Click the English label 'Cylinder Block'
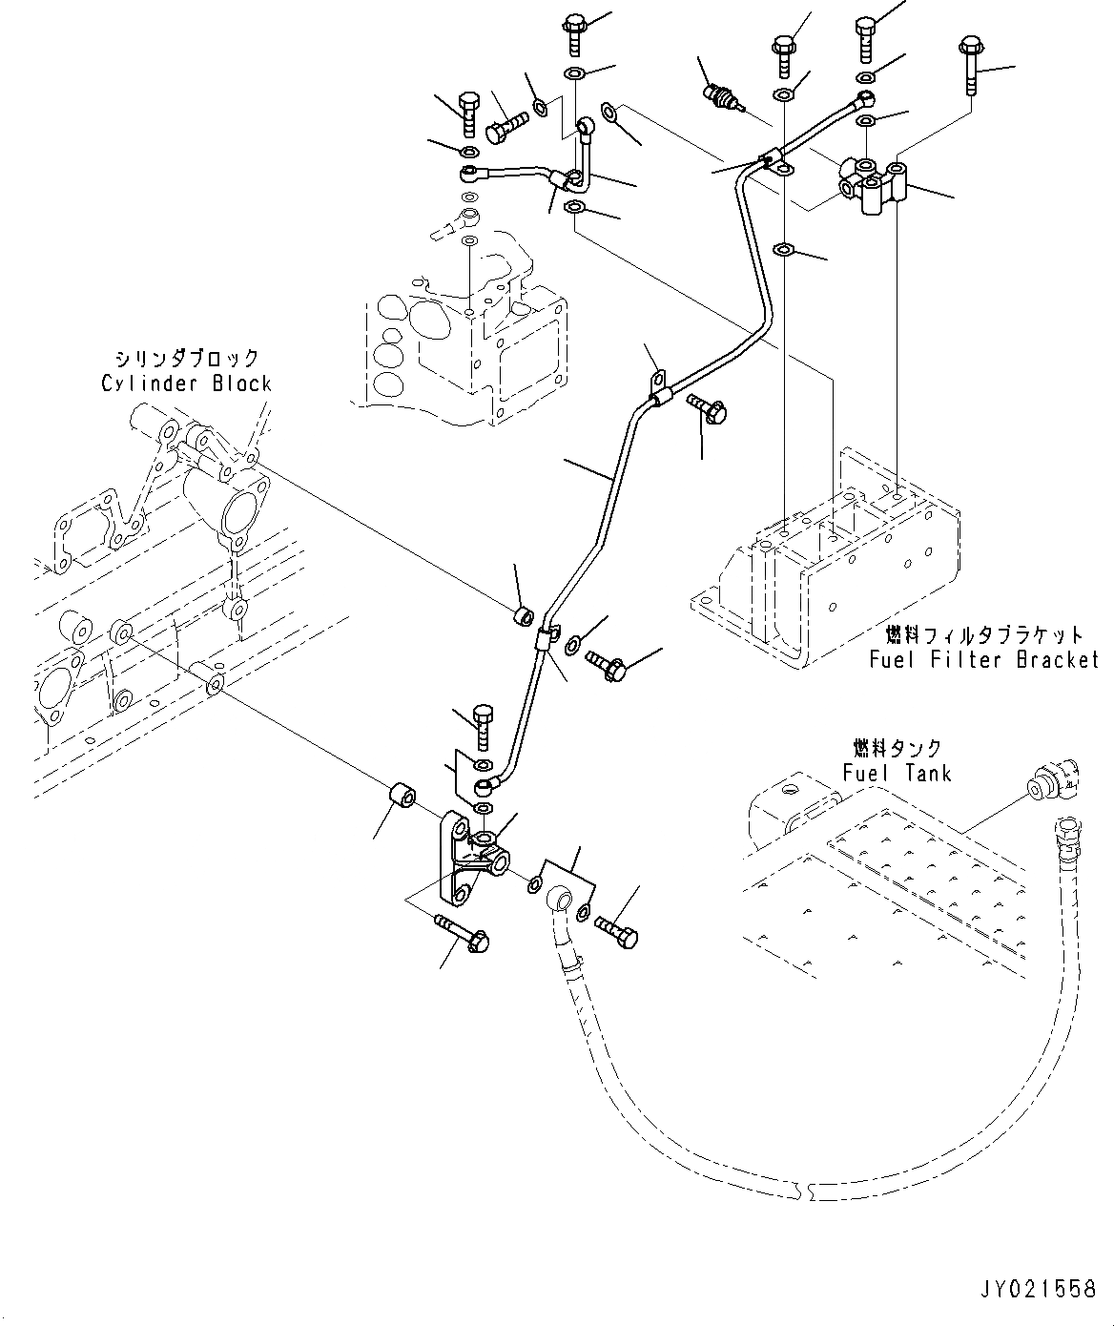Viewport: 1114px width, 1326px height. (x=186, y=383)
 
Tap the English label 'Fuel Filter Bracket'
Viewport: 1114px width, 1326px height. (x=983, y=659)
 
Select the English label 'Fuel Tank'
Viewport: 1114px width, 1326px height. (x=897, y=772)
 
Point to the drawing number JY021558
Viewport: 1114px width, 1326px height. (x=1037, y=1290)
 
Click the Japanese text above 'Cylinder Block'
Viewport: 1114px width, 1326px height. (x=186, y=360)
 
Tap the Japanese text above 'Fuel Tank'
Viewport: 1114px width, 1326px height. (x=897, y=748)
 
